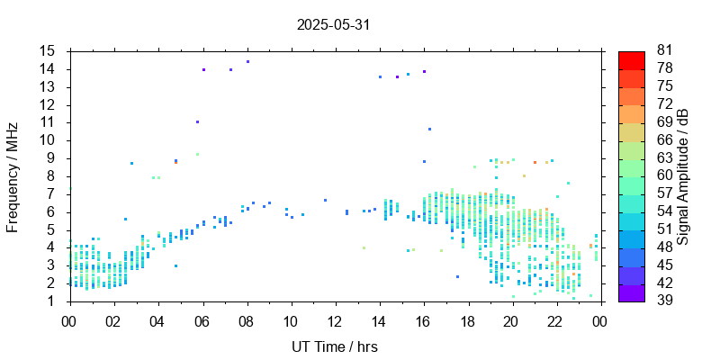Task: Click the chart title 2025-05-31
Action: pyautogui.click(x=333, y=25)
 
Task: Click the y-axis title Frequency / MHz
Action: pyautogui.click(x=13, y=175)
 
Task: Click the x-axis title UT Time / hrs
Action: pyautogui.click(x=334, y=347)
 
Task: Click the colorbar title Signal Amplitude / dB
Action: pyautogui.click(x=683, y=175)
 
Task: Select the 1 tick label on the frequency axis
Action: pyautogui.click(x=52, y=301)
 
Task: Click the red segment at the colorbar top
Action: pyautogui.click(x=632, y=58)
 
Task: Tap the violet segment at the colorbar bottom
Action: pyautogui.click(x=632, y=294)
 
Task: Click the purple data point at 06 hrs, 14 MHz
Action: pyautogui.click(x=204, y=69)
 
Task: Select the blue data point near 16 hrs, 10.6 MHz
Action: pyautogui.click(x=430, y=130)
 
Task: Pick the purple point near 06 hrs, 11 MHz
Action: pyautogui.click(x=197, y=121)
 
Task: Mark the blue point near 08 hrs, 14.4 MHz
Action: pyautogui.click(x=247, y=62)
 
